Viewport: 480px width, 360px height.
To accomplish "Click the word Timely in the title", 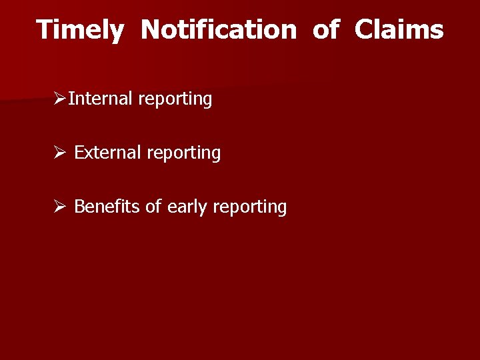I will [79, 31].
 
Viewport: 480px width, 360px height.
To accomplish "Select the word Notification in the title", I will [218, 30].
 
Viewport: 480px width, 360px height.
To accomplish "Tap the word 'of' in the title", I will [325, 30].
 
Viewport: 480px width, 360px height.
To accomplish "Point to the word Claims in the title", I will [399, 30].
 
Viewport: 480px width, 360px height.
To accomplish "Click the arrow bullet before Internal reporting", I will [60, 99].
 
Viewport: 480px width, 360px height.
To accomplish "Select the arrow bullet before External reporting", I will [60, 153].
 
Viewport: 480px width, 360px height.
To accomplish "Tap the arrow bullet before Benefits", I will [60, 207].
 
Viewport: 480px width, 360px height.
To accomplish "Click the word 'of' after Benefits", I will [153, 207].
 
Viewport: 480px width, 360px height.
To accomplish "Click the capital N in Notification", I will [151, 30].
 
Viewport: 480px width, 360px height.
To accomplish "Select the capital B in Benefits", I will [79, 207].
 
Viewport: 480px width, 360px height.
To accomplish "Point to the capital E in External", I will [79, 153].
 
